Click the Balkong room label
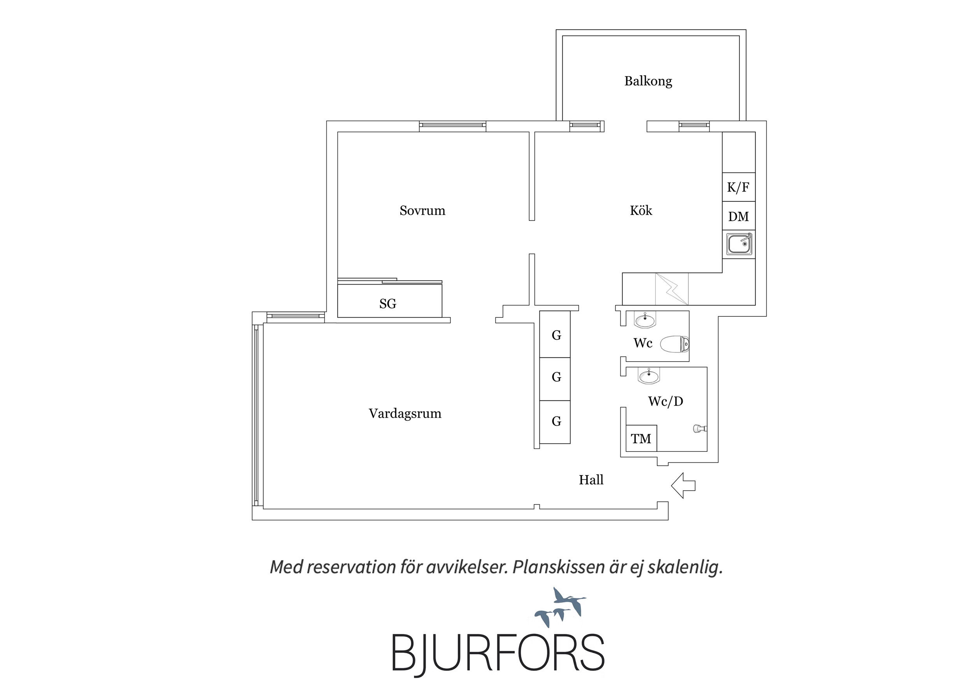click(648, 81)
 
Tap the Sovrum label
click(422, 210)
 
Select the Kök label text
click(641, 210)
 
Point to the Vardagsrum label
click(405, 414)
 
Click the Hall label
click(591, 480)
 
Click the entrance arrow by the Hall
click(683, 486)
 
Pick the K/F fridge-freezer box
click(739, 187)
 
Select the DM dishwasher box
click(739, 216)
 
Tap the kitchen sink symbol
click(739, 244)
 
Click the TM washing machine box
click(641, 439)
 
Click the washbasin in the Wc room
click(645, 320)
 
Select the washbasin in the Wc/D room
click(648, 376)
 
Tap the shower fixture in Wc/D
click(700, 429)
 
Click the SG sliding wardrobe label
click(388, 304)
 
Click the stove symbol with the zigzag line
click(672, 289)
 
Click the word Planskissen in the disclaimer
click(559, 567)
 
